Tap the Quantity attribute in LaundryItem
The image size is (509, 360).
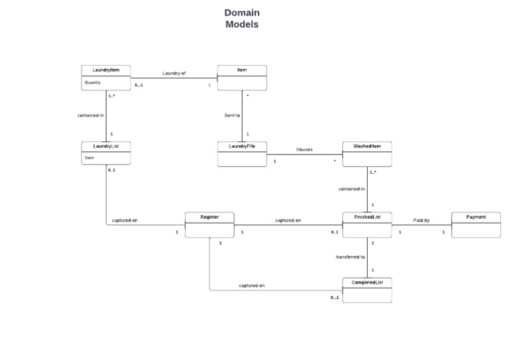[92, 83]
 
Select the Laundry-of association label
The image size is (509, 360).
[174, 73]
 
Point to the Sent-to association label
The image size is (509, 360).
[232, 115]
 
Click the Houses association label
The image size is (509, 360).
[304, 150]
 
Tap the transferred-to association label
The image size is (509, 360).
[351, 257]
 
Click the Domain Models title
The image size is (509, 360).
[242, 19]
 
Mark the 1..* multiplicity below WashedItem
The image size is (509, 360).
[372, 172]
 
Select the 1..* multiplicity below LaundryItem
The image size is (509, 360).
[112, 96]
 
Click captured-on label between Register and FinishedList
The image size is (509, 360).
[288, 220]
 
